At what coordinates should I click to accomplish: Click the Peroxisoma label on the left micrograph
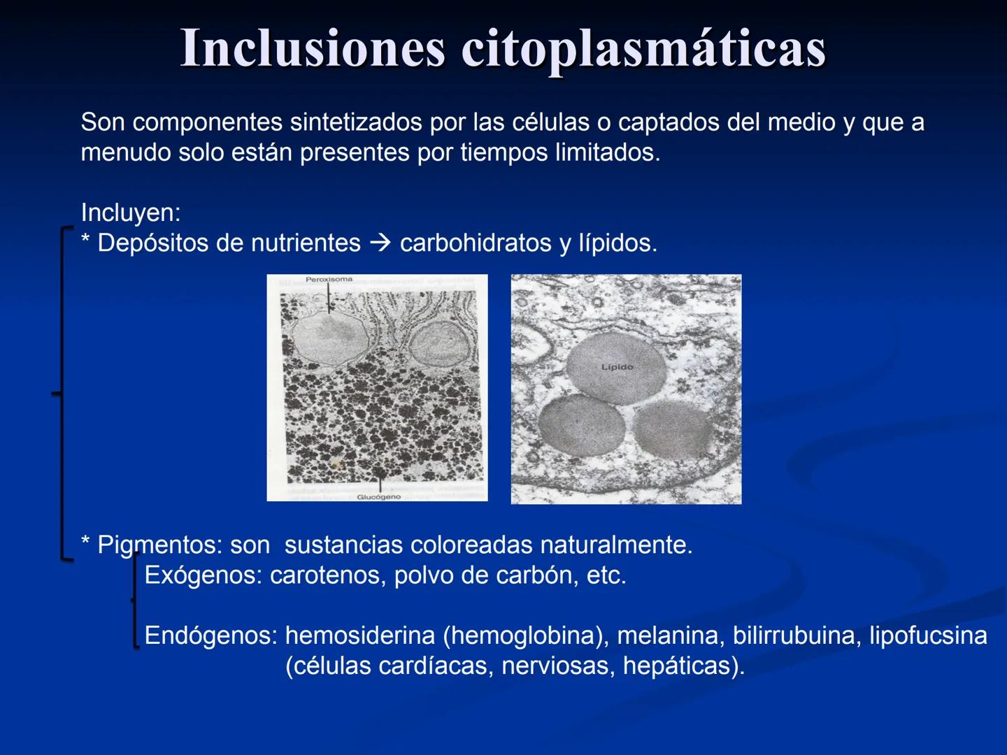(329, 280)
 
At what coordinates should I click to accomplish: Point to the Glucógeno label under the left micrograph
(379, 497)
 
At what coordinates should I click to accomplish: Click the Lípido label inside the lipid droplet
(617, 367)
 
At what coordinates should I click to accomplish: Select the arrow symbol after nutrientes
(380, 243)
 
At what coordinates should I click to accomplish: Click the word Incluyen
(130, 213)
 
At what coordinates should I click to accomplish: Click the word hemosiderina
(360, 635)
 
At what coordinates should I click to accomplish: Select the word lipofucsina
(928, 635)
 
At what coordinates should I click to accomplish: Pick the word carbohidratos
(476, 243)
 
